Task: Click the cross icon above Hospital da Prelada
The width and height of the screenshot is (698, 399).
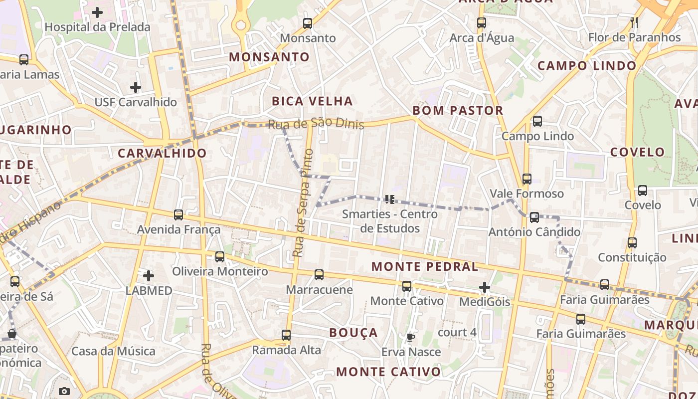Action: [97, 12]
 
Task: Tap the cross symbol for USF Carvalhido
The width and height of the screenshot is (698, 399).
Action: [136, 87]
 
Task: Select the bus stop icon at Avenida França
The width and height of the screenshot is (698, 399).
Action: [178, 215]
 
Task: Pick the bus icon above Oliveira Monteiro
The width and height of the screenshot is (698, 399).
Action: [220, 257]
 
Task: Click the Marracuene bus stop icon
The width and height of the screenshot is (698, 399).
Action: [319, 275]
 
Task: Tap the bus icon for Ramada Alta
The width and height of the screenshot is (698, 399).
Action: [286, 335]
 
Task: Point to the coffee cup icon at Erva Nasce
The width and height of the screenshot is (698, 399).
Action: [410, 337]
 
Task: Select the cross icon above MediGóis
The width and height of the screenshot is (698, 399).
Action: [485, 287]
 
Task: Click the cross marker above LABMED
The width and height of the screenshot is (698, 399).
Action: [149, 275]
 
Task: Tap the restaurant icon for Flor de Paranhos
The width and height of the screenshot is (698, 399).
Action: [634, 22]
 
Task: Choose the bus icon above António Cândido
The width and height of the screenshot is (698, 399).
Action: [534, 217]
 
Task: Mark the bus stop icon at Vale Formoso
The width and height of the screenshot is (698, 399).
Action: [527, 179]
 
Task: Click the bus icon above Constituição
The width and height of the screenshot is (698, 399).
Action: [632, 243]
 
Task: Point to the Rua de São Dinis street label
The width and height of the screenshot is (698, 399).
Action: [316, 124]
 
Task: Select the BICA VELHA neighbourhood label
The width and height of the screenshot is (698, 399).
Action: [312, 101]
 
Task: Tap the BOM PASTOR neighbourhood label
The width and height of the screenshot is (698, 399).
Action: [458, 111]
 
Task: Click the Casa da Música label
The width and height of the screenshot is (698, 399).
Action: [114, 351]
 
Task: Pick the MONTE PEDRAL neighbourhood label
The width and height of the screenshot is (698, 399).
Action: [425, 267]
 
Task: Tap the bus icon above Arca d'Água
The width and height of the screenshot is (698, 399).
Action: [482, 23]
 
